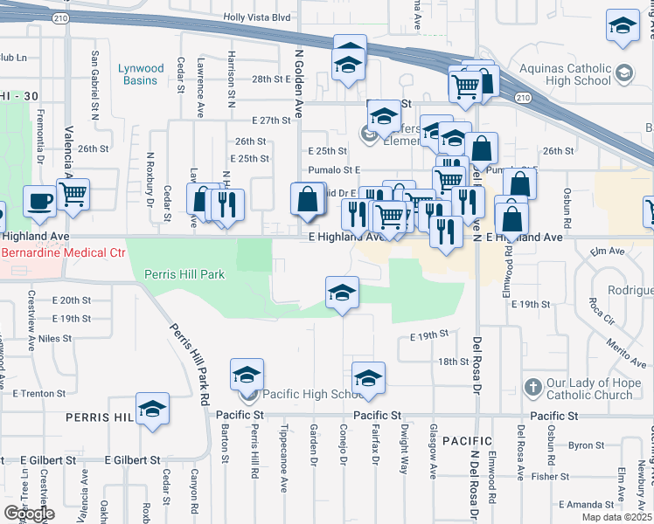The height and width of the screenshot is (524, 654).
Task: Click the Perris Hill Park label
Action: (x=184, y=274)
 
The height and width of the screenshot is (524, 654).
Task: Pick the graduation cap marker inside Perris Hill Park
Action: (x=342, y=293)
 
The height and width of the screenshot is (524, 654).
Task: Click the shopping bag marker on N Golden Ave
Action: (x=308, y=198)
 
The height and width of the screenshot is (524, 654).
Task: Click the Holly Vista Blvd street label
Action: (x=256, y=17)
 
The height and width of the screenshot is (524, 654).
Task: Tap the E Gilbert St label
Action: (x=133, y=459)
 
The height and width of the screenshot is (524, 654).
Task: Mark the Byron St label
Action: (x=581, y=445)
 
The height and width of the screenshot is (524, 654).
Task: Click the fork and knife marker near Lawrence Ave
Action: (x=226, y=205)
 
